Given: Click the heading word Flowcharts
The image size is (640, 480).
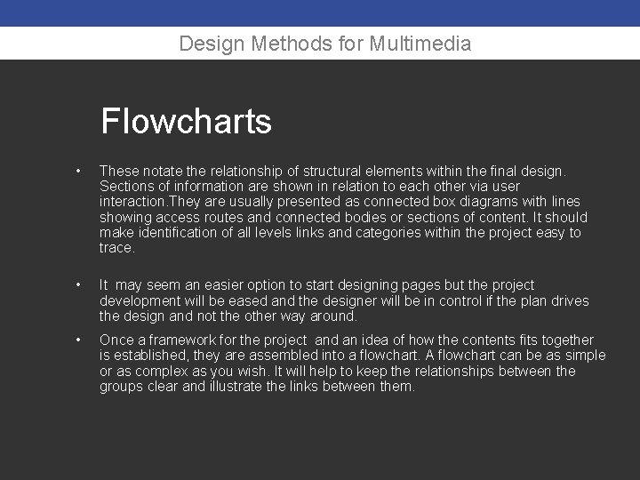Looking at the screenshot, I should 186,121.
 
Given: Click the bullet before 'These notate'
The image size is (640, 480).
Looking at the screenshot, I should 79,171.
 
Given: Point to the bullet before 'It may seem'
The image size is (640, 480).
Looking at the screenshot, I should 79,285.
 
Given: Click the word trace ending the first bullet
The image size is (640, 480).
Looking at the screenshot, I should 116,248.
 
